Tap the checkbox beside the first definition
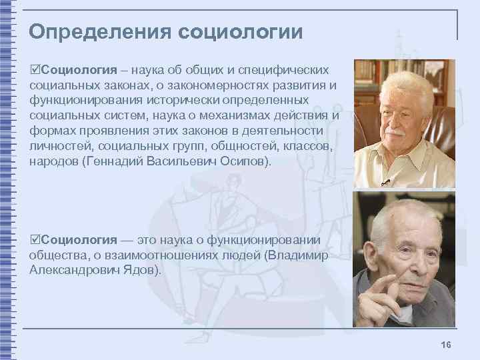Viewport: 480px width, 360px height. tap(35, 70)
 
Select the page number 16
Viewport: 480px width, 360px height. tap(446, 343)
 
